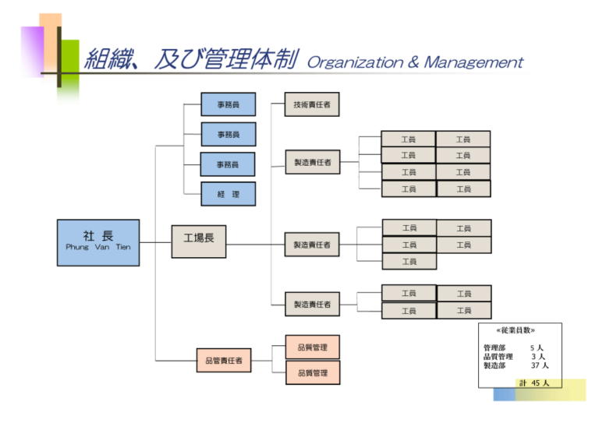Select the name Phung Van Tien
pyautogui.click(x=98, y=247)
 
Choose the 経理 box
pyautogui.click(x=228, y=194)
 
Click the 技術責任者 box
pyautogui.click(x=312, y=104)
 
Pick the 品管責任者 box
pyautogui.click(x=223, y=361)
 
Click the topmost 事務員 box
pyautogui.click(x=228, y=104)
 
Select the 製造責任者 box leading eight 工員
pyautogui.click(x=312, y=163)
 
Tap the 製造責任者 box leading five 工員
pyautogui.click(x=312, y=245)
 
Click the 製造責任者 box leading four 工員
pyautogui.click(x=312, y=305)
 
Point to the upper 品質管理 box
pyautogui.click(x=312, y=347)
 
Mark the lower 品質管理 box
pyautogui.click(x=312, y=373)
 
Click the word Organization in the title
pyautogui.click(x=354, y=63)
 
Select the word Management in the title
pyautogui.click(x=473, y=62)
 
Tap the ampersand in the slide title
pyautogui.click(x=413, y=62)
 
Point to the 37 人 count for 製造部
pyautogui.click(x=540, y=365)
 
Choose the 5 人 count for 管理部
pyautogui.click(x=537, y=347)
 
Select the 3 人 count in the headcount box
pyautogui.click(x=537, y=357)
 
